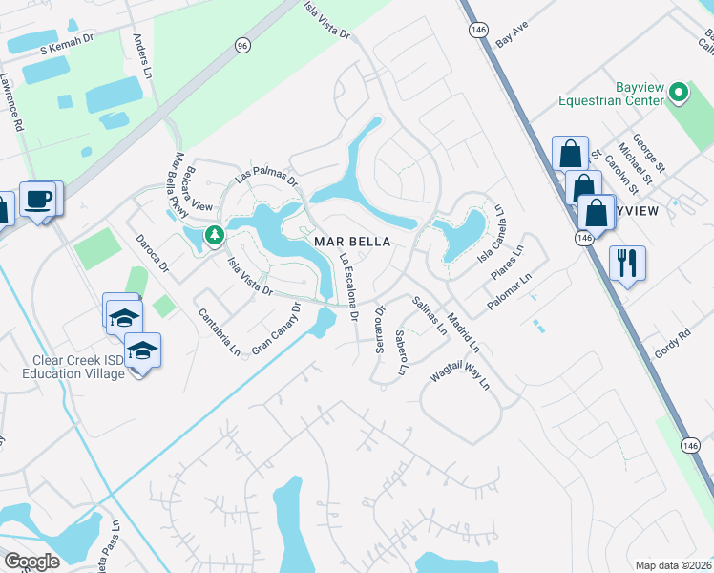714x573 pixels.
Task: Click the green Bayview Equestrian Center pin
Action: point(679,93)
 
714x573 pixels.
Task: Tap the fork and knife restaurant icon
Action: point(627,262)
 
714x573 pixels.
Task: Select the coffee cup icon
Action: point(38,200)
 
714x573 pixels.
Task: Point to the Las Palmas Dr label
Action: point(267,175)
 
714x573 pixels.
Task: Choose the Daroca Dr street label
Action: point(152,251)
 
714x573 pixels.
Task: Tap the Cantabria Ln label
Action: point(219,330)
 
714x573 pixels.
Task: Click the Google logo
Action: point(31,562)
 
